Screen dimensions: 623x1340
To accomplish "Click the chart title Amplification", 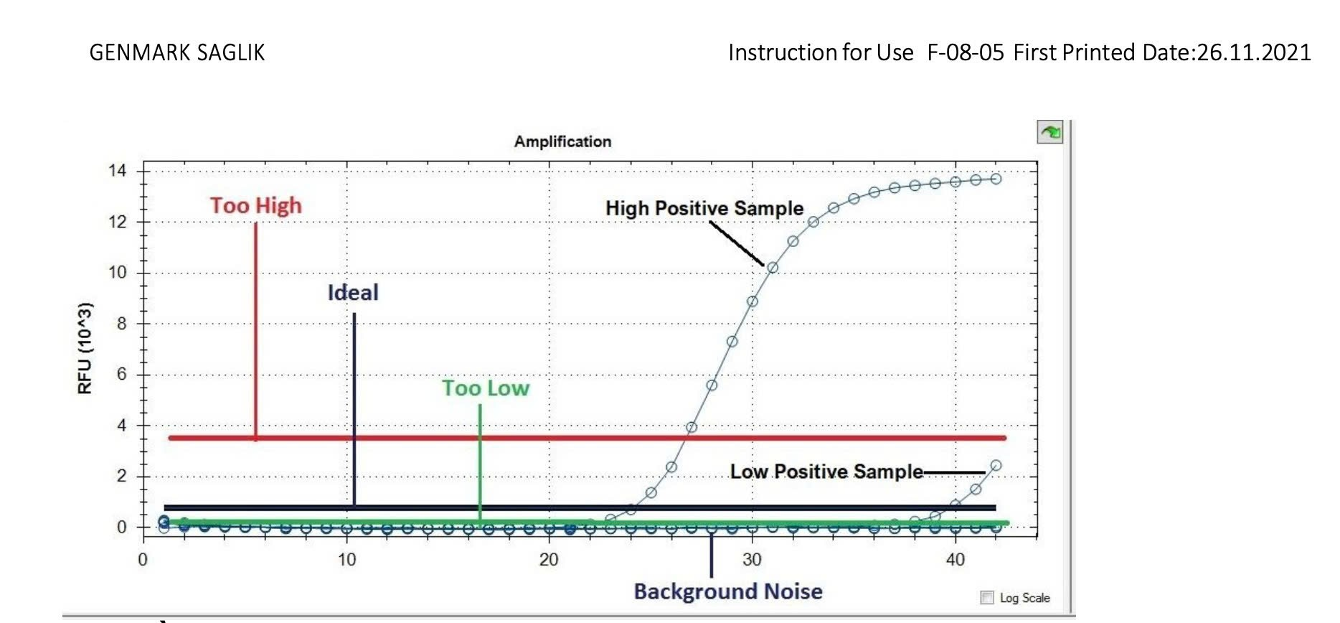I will tap(562, 141).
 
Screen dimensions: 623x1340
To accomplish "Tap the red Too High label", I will tap(256, 206).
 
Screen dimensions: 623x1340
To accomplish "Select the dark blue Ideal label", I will tap(353, 293).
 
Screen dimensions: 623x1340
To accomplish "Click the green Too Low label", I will tap(486, 388).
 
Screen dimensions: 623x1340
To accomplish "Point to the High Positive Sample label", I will tap(704, 208).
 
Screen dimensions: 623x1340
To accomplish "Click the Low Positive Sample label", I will tap(826, 472).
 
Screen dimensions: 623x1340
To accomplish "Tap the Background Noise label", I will tap(728, 591).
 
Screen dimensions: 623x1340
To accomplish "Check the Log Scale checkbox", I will tap(988, 598).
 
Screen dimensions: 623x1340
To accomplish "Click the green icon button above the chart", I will tap(1050, 132).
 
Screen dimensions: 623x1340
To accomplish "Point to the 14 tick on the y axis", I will tap(117, 171).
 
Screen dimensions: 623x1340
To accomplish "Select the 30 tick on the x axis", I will tap(752, 560).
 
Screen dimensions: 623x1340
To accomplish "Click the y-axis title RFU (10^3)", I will tap(85, 348).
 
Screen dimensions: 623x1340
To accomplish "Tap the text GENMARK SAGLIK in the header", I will tap(177, 52).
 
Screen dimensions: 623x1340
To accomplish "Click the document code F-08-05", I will tap(966, 52).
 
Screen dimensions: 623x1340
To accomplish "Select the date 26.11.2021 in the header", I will tap(1254, 52).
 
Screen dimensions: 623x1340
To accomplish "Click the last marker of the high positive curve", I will tap(996, 179).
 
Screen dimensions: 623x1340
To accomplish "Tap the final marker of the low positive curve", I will tap(996, 466).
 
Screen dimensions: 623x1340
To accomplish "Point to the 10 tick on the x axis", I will tap(346, 560).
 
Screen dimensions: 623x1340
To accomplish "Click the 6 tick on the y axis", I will tap(121, 374).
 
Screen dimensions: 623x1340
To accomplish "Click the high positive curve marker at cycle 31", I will tap(773, 268).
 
